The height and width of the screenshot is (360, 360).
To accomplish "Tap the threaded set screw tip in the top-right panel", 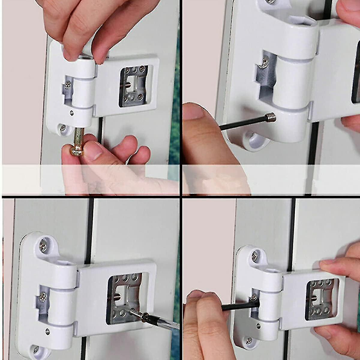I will (x=271, y=117).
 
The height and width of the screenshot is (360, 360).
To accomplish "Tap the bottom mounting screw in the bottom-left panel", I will (x=36, y=350).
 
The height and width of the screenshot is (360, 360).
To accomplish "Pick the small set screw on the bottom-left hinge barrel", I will (x=47, y=331).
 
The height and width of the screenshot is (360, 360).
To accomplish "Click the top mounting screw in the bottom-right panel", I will (x=255, y=256).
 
